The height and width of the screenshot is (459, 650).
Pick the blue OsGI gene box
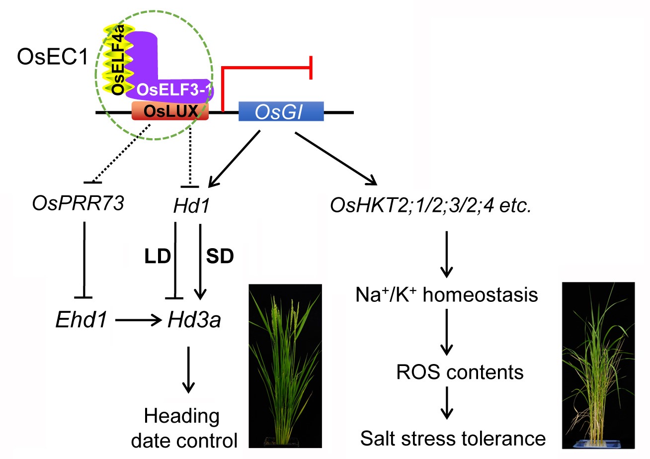pyautogui.click(x=281, y=112)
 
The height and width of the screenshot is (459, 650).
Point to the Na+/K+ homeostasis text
pyautogui.click(x=447, y=295)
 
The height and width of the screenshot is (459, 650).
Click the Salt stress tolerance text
pyautogui.click(x=446, y=439)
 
